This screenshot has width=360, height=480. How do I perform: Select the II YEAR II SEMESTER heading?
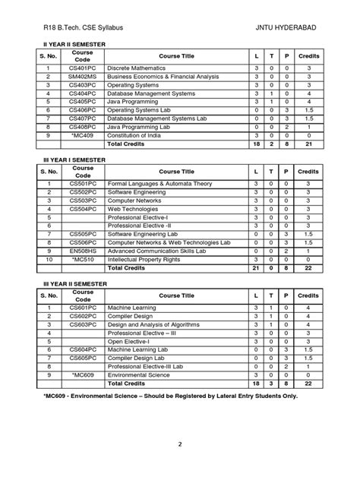click(x=73, y=46)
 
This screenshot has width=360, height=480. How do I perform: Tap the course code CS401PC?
click(x=83, y=68)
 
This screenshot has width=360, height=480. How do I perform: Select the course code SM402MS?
click(x=83, y=77)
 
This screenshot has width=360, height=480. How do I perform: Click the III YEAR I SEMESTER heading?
click(x=73, y=161)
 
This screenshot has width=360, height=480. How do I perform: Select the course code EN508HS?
click(x=83, y=251)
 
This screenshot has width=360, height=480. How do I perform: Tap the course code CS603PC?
click(x=83, y=324)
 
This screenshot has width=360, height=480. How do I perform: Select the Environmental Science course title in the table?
click(x=144, y=374)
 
